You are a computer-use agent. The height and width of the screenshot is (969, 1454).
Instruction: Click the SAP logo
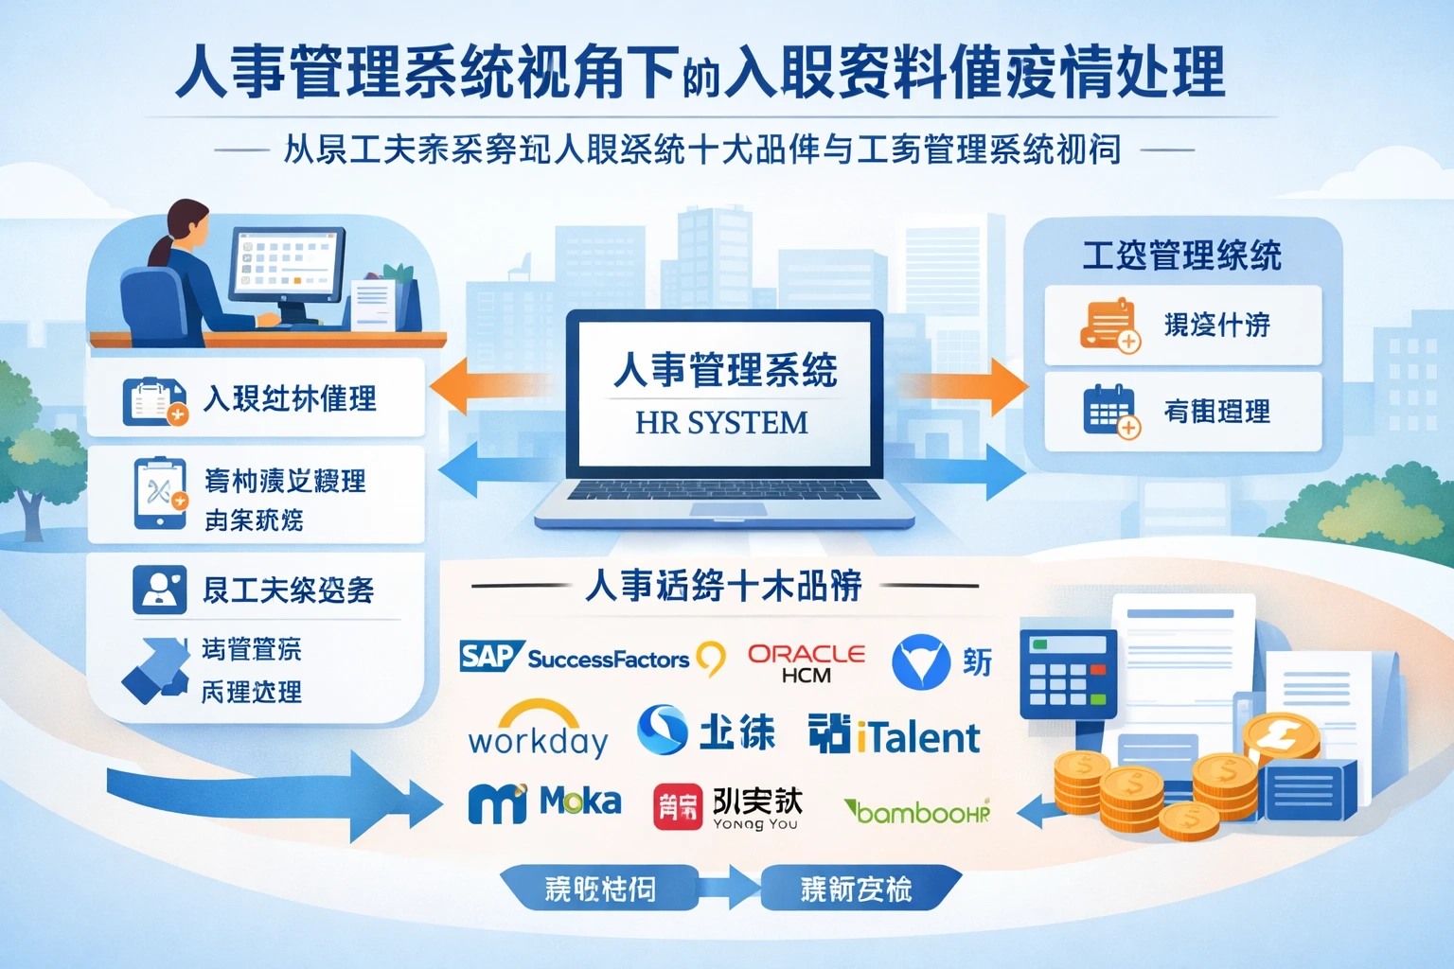[x=490, y=656]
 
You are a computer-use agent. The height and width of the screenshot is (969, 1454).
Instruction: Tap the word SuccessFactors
[x=608, y=659]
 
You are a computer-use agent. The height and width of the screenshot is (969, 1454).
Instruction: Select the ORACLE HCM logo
[x=807, y=662]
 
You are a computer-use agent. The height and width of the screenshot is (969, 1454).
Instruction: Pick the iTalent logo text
[x=917, y=737]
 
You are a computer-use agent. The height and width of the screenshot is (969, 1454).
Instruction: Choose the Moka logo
[x=545, y=802]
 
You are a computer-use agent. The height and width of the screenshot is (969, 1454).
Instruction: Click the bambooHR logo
[x=916, y=812]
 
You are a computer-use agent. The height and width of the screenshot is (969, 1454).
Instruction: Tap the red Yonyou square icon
[x=677, y=806]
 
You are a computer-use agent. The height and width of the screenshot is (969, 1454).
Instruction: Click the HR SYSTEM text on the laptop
[x=721, y=422]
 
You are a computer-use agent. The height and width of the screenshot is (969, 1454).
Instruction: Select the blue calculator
[x=1067, y=674]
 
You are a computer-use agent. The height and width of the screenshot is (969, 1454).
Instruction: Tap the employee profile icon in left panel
[x=159, y=590]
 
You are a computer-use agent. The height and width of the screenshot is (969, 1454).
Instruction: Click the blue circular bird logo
[x=920, y=661]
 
